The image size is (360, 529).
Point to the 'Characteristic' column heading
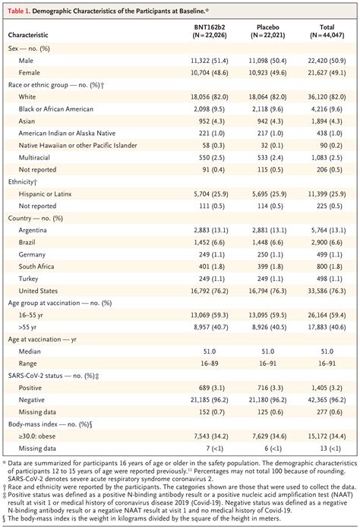pos(33,35)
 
